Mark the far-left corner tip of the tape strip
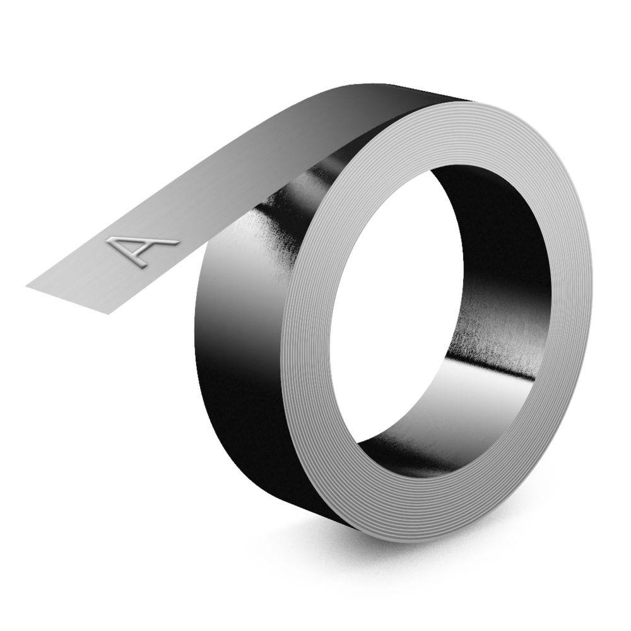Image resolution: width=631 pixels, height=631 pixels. [x=27, y=285]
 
